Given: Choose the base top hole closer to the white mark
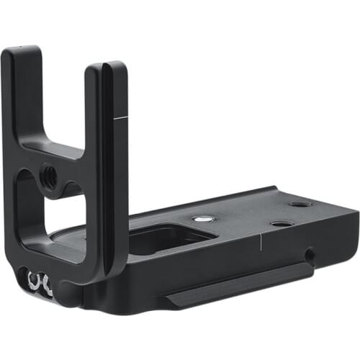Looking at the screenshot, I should (x=282, y=224).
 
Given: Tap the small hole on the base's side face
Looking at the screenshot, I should (x=308, y=254).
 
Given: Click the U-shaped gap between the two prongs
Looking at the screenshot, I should (x=61, y=101).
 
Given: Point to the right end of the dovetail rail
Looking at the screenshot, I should (x=310, y=268).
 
